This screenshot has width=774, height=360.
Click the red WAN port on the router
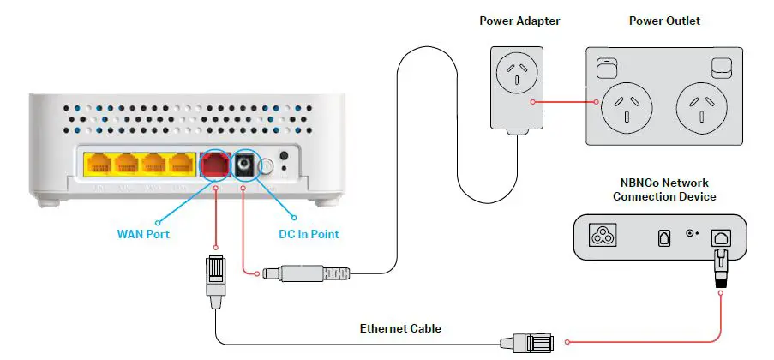(x=214, y=165)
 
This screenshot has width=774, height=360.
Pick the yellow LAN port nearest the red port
(x=181, y=165)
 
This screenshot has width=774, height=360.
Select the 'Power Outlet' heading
(x=663, y=21)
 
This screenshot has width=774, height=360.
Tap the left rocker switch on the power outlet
(x=607, y=65)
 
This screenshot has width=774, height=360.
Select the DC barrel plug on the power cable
(x=309, y=273)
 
